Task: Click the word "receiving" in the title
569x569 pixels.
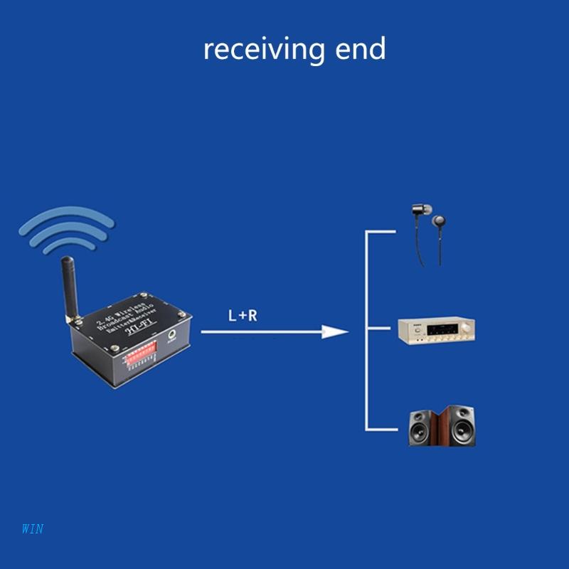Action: point(263,50)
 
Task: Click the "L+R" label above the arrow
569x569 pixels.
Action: point(243,315)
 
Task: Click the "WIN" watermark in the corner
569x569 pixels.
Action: point(33,528)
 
